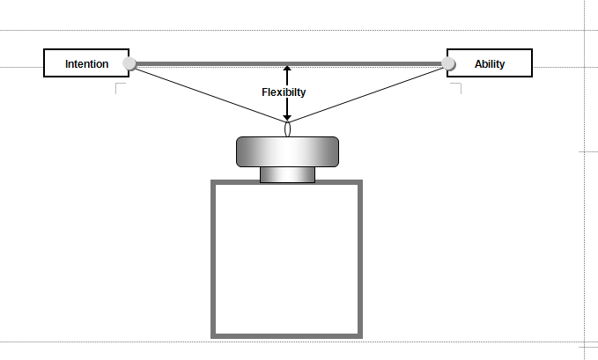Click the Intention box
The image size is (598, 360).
[86, 63]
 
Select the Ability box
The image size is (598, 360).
[490, 63]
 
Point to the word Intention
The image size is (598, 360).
[86, 63]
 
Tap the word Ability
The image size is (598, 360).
[490, 63]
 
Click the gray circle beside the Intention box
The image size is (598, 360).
[129, 63]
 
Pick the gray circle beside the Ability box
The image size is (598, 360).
[448, 63]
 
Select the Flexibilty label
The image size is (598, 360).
[284, 92]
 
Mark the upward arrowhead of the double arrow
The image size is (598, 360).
[287, 70]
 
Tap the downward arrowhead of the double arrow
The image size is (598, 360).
[287, 117]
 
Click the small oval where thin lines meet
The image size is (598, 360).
[287, 129]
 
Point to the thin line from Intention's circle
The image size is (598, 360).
[207, 96]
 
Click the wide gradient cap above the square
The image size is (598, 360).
[287, 151]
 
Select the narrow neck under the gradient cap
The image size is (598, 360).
[287, 174]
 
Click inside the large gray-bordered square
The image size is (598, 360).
[287, 259]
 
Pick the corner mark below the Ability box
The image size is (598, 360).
[456, 87]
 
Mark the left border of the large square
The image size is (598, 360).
[214, 259]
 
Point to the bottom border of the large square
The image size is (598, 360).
[287, 334]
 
